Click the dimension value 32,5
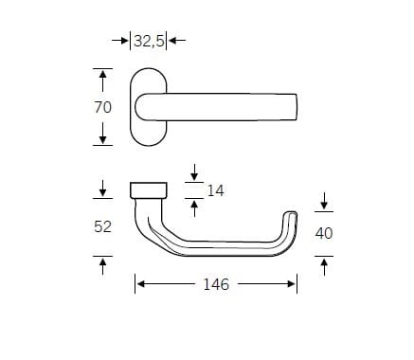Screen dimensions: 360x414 point(150,41)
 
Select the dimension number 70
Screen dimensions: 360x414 point(103,107)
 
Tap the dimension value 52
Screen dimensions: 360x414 point(103,227)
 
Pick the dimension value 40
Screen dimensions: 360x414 point(323,232)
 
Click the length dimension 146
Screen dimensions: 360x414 point(216,284)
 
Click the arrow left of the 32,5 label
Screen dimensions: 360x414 point(120,41)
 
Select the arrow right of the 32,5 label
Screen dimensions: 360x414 point(177,41)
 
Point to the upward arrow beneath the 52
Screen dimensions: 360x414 point(103,264)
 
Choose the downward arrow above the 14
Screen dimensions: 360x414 point(193,172)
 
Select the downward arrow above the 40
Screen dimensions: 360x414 point(323,201)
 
